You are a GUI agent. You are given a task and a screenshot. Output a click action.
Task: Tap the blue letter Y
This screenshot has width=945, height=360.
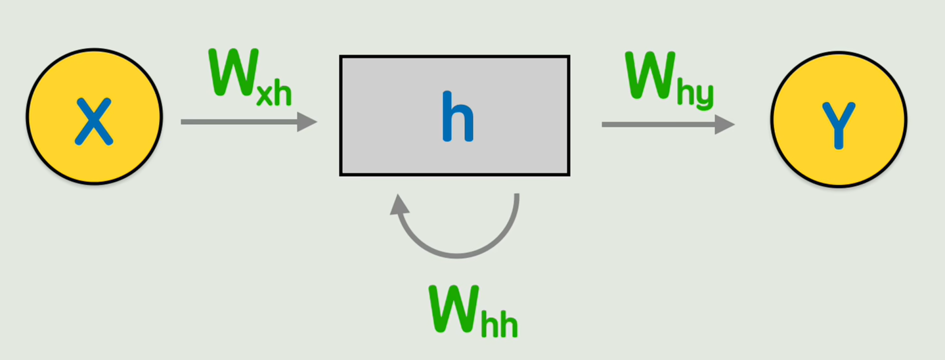point(838,124)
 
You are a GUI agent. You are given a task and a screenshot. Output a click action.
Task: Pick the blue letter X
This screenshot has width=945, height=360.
point(94,121)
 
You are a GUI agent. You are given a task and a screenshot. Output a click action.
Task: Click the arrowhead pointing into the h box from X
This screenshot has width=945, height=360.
point(307,122)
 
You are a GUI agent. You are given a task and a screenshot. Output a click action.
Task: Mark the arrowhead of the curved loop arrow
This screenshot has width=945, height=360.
point(399,206)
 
